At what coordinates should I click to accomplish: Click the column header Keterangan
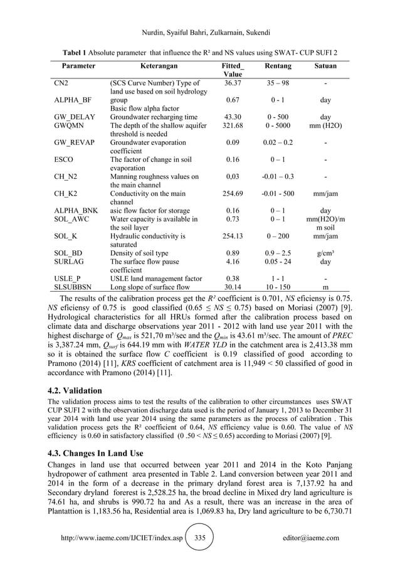150,65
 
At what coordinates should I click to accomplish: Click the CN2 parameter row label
61,83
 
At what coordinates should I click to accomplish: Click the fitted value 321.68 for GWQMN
232,125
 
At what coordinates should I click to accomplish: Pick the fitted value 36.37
232,83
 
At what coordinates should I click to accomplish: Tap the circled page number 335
200,538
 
